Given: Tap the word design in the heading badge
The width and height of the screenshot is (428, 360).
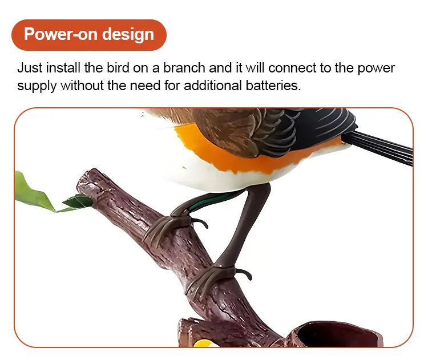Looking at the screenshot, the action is (x=128, y=35).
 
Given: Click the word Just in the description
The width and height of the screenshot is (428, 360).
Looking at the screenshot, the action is (x=30, y=68).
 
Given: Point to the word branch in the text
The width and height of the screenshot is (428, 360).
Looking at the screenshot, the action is (x=184, y=68).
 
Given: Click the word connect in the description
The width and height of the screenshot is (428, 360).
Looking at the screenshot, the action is (x=292, y=68).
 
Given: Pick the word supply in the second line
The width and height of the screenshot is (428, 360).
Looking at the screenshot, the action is (x=37, y=86).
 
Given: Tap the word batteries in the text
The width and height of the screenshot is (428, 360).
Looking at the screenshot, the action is (x=273, y=86).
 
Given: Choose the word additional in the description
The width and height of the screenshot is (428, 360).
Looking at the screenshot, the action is (x=213, y=86).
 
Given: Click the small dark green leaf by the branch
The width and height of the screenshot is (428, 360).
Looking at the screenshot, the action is (x=78, y=201).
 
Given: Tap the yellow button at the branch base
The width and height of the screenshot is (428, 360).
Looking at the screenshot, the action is (x=204, y=343).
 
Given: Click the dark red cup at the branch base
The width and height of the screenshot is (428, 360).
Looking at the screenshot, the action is (x=336, y=334).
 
